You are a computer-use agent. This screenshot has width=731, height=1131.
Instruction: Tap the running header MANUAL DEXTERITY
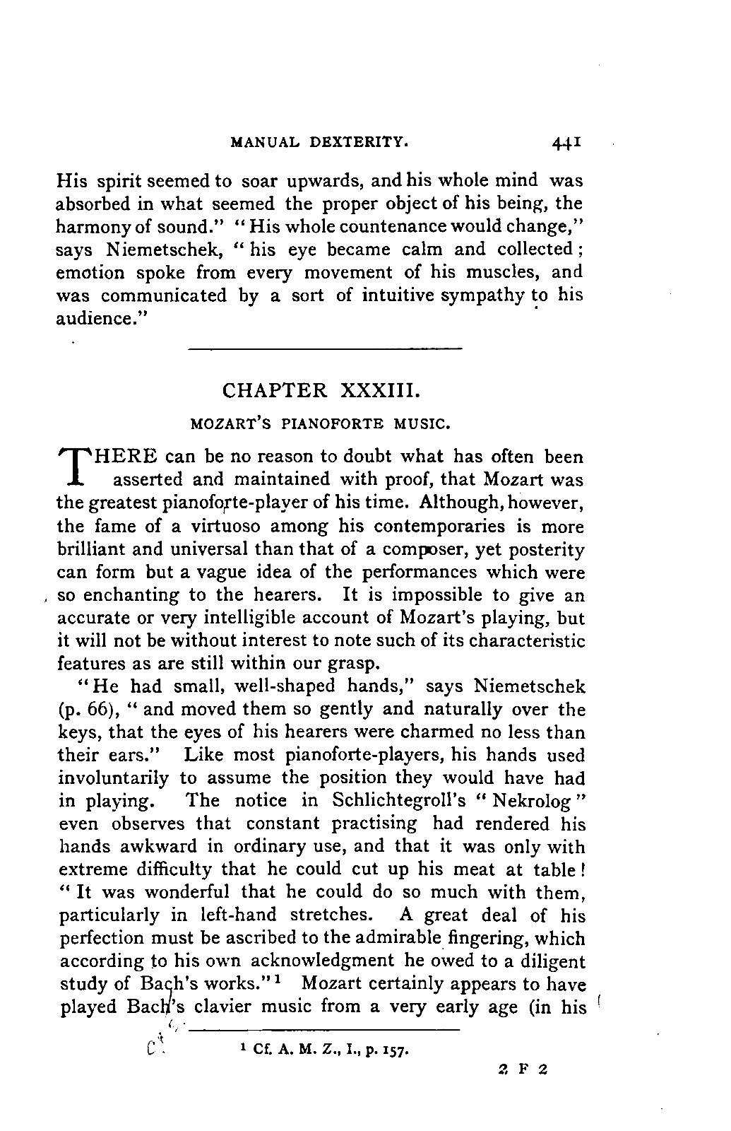(320, 142)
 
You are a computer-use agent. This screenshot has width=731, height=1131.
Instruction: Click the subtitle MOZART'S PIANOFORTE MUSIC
(320, 425)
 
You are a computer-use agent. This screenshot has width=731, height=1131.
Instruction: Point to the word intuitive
(396, 295)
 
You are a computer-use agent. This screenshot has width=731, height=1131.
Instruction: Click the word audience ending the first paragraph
(99, 318)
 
